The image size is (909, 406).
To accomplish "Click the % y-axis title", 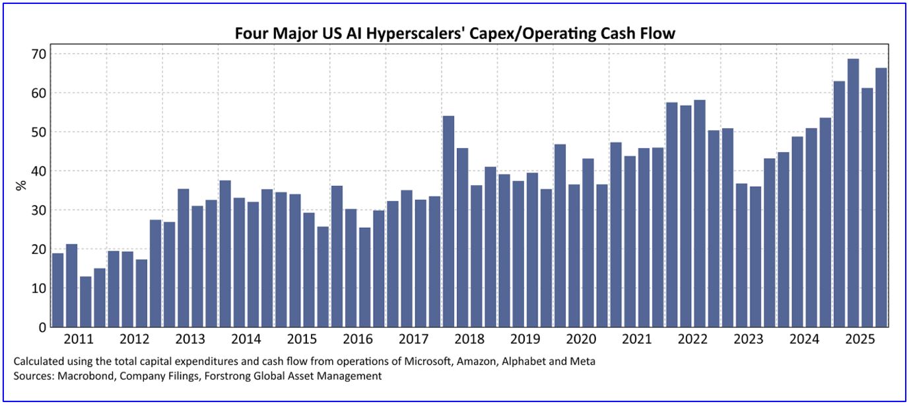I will (x=22, y=185).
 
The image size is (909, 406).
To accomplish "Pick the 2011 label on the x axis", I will (x=79, y=340).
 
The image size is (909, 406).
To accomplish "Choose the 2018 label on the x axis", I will (x=469, y=340).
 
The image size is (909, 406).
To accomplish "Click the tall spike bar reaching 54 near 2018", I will (x=448, y=222).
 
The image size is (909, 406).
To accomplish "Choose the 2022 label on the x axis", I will (x=692, y=340).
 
